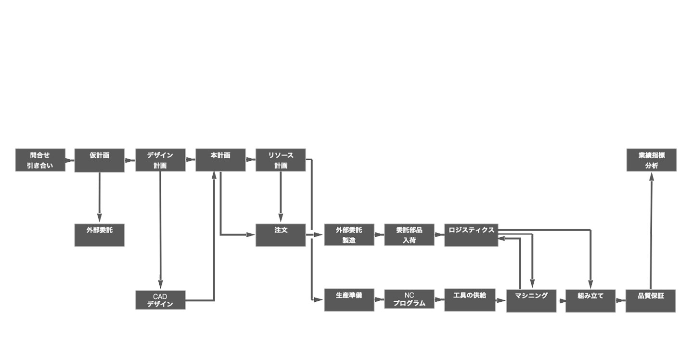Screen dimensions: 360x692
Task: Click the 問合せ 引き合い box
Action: pos(40,160)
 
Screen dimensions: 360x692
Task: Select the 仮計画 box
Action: pos(100,160)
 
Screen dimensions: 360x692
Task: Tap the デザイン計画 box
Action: pos(160,160)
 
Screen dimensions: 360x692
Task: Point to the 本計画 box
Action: pos(220,160)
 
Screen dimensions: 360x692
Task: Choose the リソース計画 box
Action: pos(281,160)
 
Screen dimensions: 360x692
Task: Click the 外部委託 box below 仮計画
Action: pos(100,235)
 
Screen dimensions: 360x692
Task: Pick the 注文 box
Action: pos(281,235)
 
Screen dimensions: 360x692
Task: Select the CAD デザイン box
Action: pos(160,300)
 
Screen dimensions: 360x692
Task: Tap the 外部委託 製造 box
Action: pos(349,235)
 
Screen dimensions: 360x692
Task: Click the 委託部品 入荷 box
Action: pos(409,235)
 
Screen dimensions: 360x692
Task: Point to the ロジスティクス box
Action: pos(471,235)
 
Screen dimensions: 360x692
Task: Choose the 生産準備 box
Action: pos(349,300)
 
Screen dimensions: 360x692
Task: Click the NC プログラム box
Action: pos(409,299)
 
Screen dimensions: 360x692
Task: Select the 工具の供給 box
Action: pos(470,300)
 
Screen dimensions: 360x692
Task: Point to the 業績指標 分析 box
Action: pos(652,160)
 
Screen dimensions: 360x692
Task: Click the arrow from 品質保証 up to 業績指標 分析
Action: pos(651,231)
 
